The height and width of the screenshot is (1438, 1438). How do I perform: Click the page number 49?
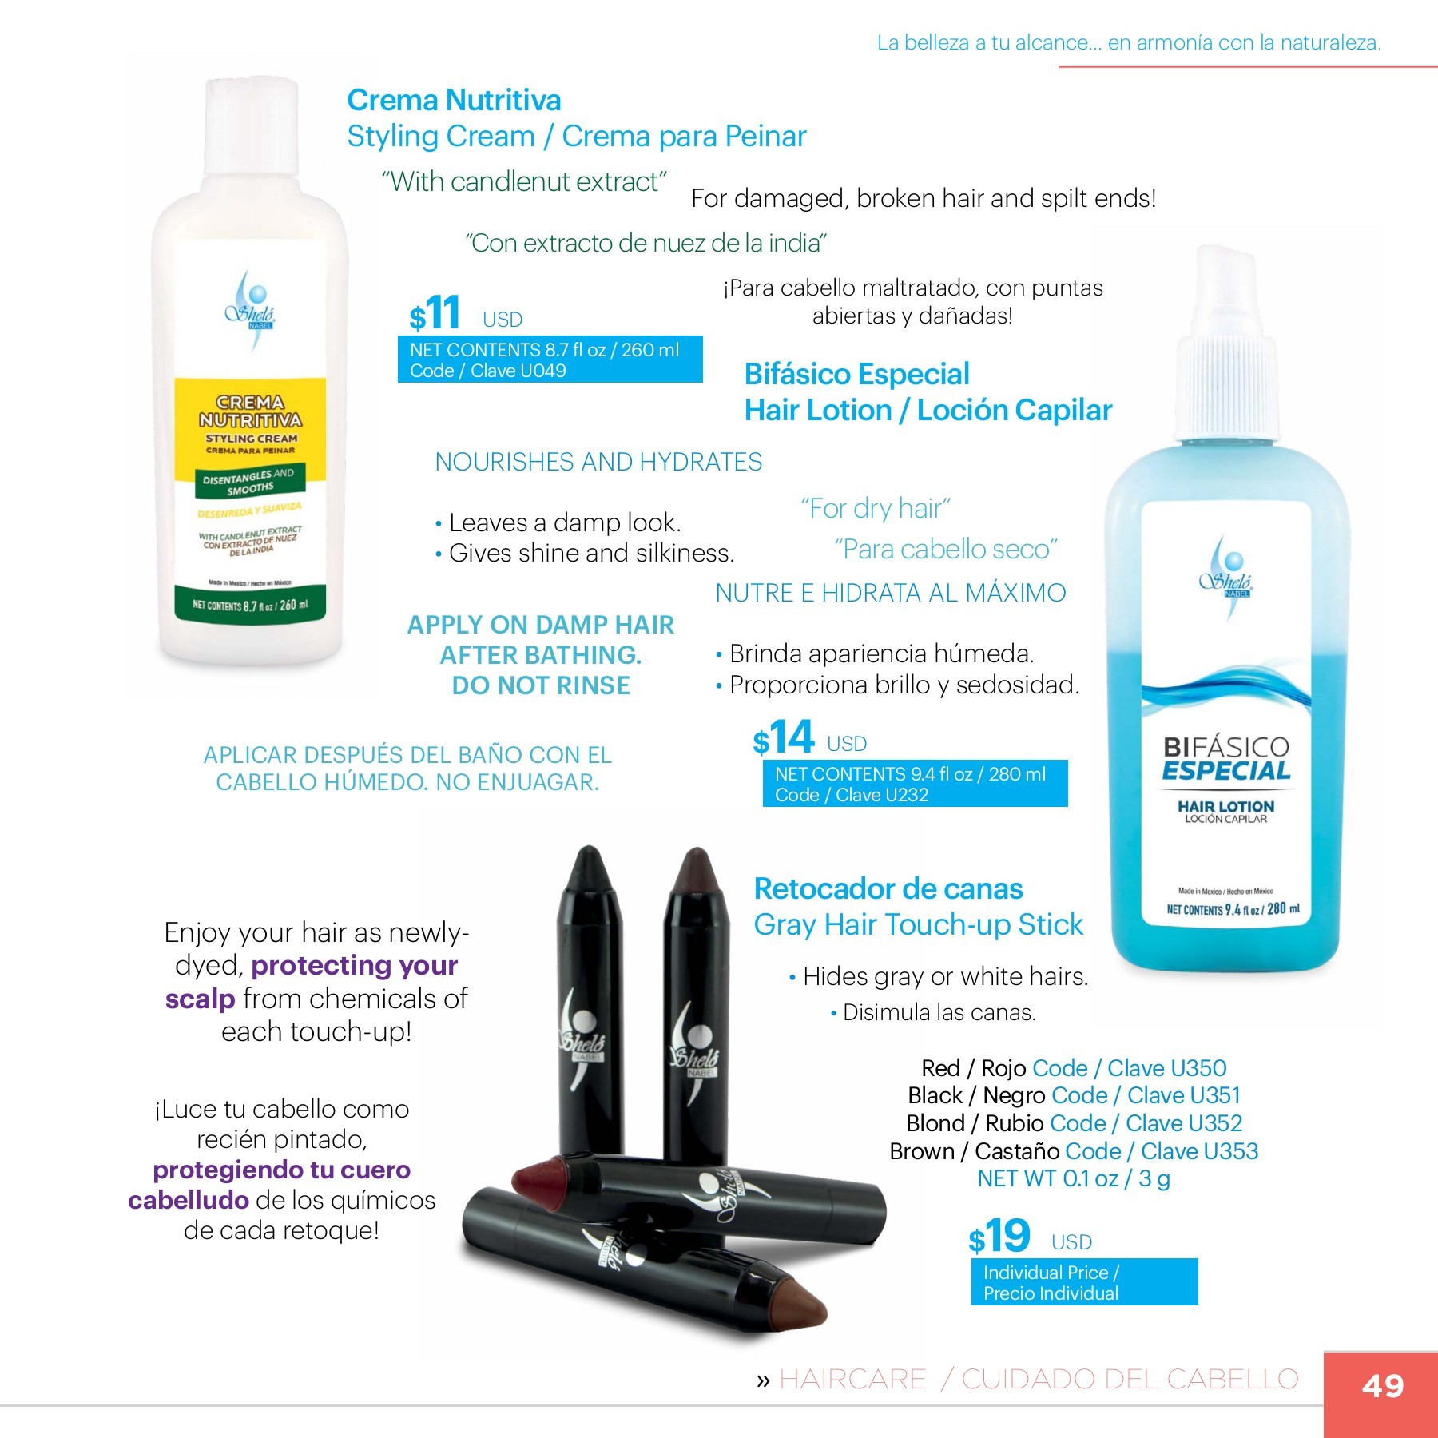click(x=1383, y=1385)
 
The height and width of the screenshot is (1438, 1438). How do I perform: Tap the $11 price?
click(x=435, y=312)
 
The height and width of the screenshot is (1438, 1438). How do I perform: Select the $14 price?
click(x=783, y=737)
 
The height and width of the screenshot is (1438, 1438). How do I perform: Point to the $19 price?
click(x=999, y=1236)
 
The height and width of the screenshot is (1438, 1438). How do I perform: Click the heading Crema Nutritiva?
click(x=454, y=100)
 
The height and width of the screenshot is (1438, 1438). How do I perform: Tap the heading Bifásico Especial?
click(x=856, y=374)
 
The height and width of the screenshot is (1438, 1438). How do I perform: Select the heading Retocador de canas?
click(x=888, y=888)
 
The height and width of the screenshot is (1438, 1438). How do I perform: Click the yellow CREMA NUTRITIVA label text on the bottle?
click(x=251, y=411)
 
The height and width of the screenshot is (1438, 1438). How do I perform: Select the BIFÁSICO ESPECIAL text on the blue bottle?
click(x=1226, y=759)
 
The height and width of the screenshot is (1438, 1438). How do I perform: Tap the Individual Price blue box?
click(x=1084, y=1282)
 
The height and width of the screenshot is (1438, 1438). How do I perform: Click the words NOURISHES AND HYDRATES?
click(x=598, y=462)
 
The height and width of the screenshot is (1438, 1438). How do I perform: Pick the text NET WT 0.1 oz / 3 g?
click(x=1074, y=1178)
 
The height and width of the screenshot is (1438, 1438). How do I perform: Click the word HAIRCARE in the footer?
click(x=852, y=1379)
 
